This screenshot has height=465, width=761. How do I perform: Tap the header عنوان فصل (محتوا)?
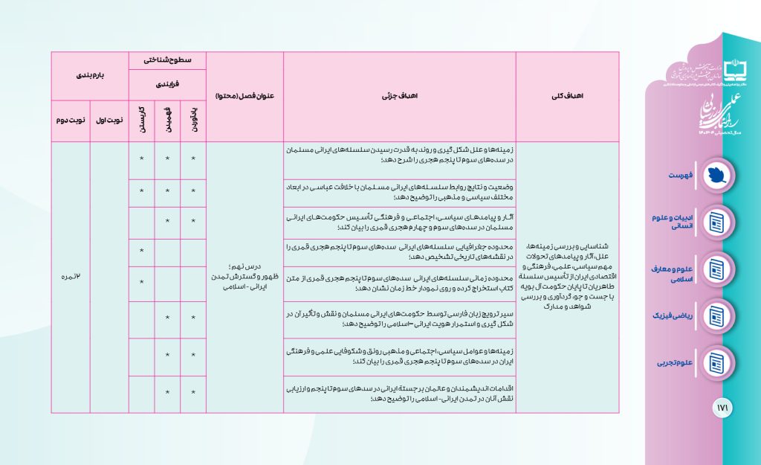245,97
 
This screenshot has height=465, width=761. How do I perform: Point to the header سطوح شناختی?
167,60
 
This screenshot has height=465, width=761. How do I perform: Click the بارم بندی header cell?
90,76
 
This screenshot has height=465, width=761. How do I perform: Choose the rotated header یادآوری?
193,120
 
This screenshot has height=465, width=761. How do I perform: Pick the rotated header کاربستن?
141,120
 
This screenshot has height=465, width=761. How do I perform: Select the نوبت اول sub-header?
109,120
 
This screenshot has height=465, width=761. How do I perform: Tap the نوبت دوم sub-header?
71,120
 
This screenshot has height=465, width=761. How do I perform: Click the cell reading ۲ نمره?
71,277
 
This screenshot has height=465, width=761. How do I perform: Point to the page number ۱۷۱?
722,408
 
